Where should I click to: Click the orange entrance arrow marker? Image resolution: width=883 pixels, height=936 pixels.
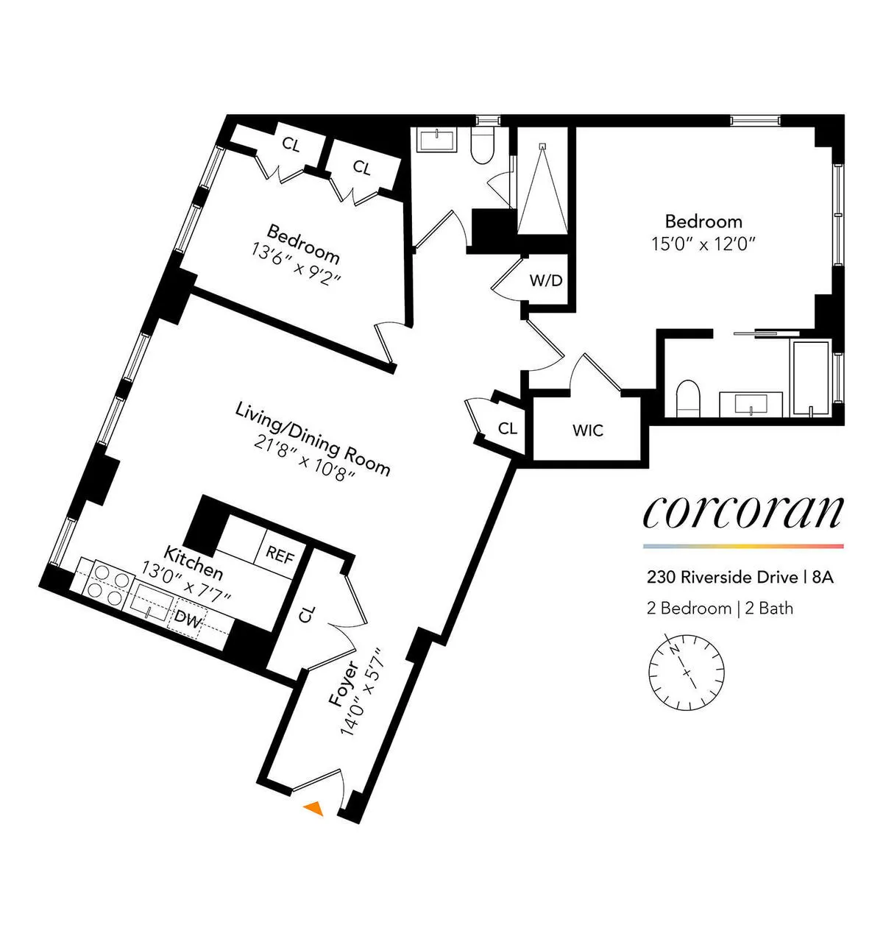pyautogui.click(x=314, y=808)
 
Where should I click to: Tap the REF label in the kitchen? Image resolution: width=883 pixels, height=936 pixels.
pyautogui.click(x=280, y=554)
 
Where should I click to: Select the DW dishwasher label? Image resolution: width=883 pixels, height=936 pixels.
pyautogui.click(x=189, y=620)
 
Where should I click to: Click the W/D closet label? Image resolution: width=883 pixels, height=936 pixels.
pyautogui.click(x=546, y=280)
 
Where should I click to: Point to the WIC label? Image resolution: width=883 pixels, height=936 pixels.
pyautogui.click(x=587, y=430)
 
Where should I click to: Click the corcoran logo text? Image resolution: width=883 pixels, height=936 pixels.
pyautogui.click(x=742, y=512)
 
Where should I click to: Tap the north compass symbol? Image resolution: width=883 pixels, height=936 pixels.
pyautogui.click(x=686, y=671)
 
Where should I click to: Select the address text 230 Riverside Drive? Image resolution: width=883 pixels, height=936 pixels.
pyautogui.click(x=723, y=577)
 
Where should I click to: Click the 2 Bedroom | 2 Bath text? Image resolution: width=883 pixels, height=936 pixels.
pyautogui.click(x=720, y=608)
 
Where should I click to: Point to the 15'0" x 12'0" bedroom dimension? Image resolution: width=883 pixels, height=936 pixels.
pyautogui.click(x=703, y=244)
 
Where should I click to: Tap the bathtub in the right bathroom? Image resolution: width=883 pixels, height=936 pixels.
pyautogui.click(x=810, y=378)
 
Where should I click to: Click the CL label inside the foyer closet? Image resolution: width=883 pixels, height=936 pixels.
pyautogui.click(x=308, y=614)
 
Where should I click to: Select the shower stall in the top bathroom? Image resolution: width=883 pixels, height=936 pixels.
pyautogui.click(x=542, y=188)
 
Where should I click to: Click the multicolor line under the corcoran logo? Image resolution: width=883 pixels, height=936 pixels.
pyautogui.click(x=742, y=546)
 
